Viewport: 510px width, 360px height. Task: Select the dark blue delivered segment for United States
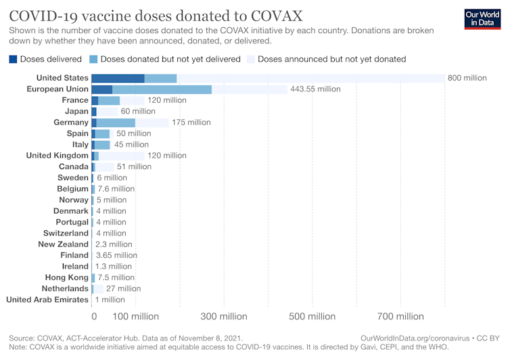[x=118, y=78]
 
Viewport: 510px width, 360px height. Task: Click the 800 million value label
[x=467, y=78]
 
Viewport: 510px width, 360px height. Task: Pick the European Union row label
[x=57, y=89]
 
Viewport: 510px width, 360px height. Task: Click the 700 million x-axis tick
[x=400, y=316]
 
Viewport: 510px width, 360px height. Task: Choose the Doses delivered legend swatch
[x=14, y=59]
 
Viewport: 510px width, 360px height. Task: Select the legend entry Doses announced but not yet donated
[x=331, y=59]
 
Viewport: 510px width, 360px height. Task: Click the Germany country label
[x=71, y=122]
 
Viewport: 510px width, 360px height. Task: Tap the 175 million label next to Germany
[x=191, y=122]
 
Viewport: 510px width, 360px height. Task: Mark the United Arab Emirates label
[x=47, y=299]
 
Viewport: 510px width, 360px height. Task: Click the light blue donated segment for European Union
[x=162, y=89]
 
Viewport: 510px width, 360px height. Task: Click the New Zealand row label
[x=63, y=244]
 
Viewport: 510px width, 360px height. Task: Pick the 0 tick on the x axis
[x=94, y=316]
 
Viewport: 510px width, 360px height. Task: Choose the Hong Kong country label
[x=66, y=277]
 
